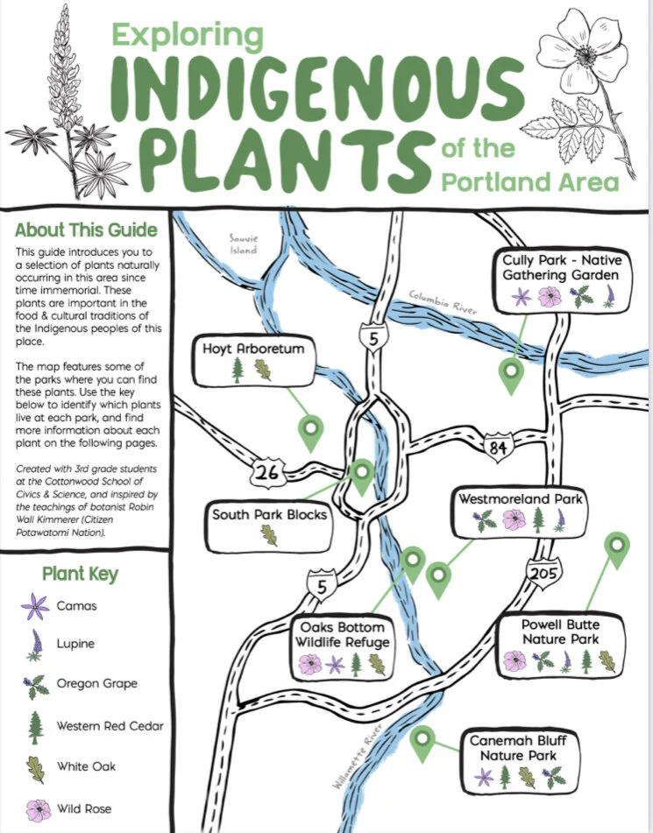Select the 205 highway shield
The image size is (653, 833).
541,573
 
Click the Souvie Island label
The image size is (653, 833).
243,244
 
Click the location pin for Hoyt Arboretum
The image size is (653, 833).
310,429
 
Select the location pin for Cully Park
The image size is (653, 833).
510,374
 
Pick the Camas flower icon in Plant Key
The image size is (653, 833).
35,605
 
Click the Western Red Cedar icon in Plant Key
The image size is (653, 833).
35,726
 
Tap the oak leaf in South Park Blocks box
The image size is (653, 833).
269,534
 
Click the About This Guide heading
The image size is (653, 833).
86,231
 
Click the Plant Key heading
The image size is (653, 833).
80,575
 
